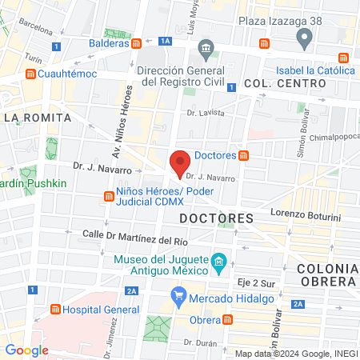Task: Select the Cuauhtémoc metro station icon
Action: point(30,74)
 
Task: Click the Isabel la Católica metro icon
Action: point(344,58)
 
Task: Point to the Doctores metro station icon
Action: point(243,155)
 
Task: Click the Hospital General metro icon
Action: point(55,310)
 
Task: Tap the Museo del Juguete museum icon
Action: point(218,262)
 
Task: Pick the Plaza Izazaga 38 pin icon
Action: point(303,38)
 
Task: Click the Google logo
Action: point(27,350)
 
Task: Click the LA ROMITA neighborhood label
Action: point(38,118)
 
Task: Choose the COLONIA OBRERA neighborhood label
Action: point(326,274)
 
